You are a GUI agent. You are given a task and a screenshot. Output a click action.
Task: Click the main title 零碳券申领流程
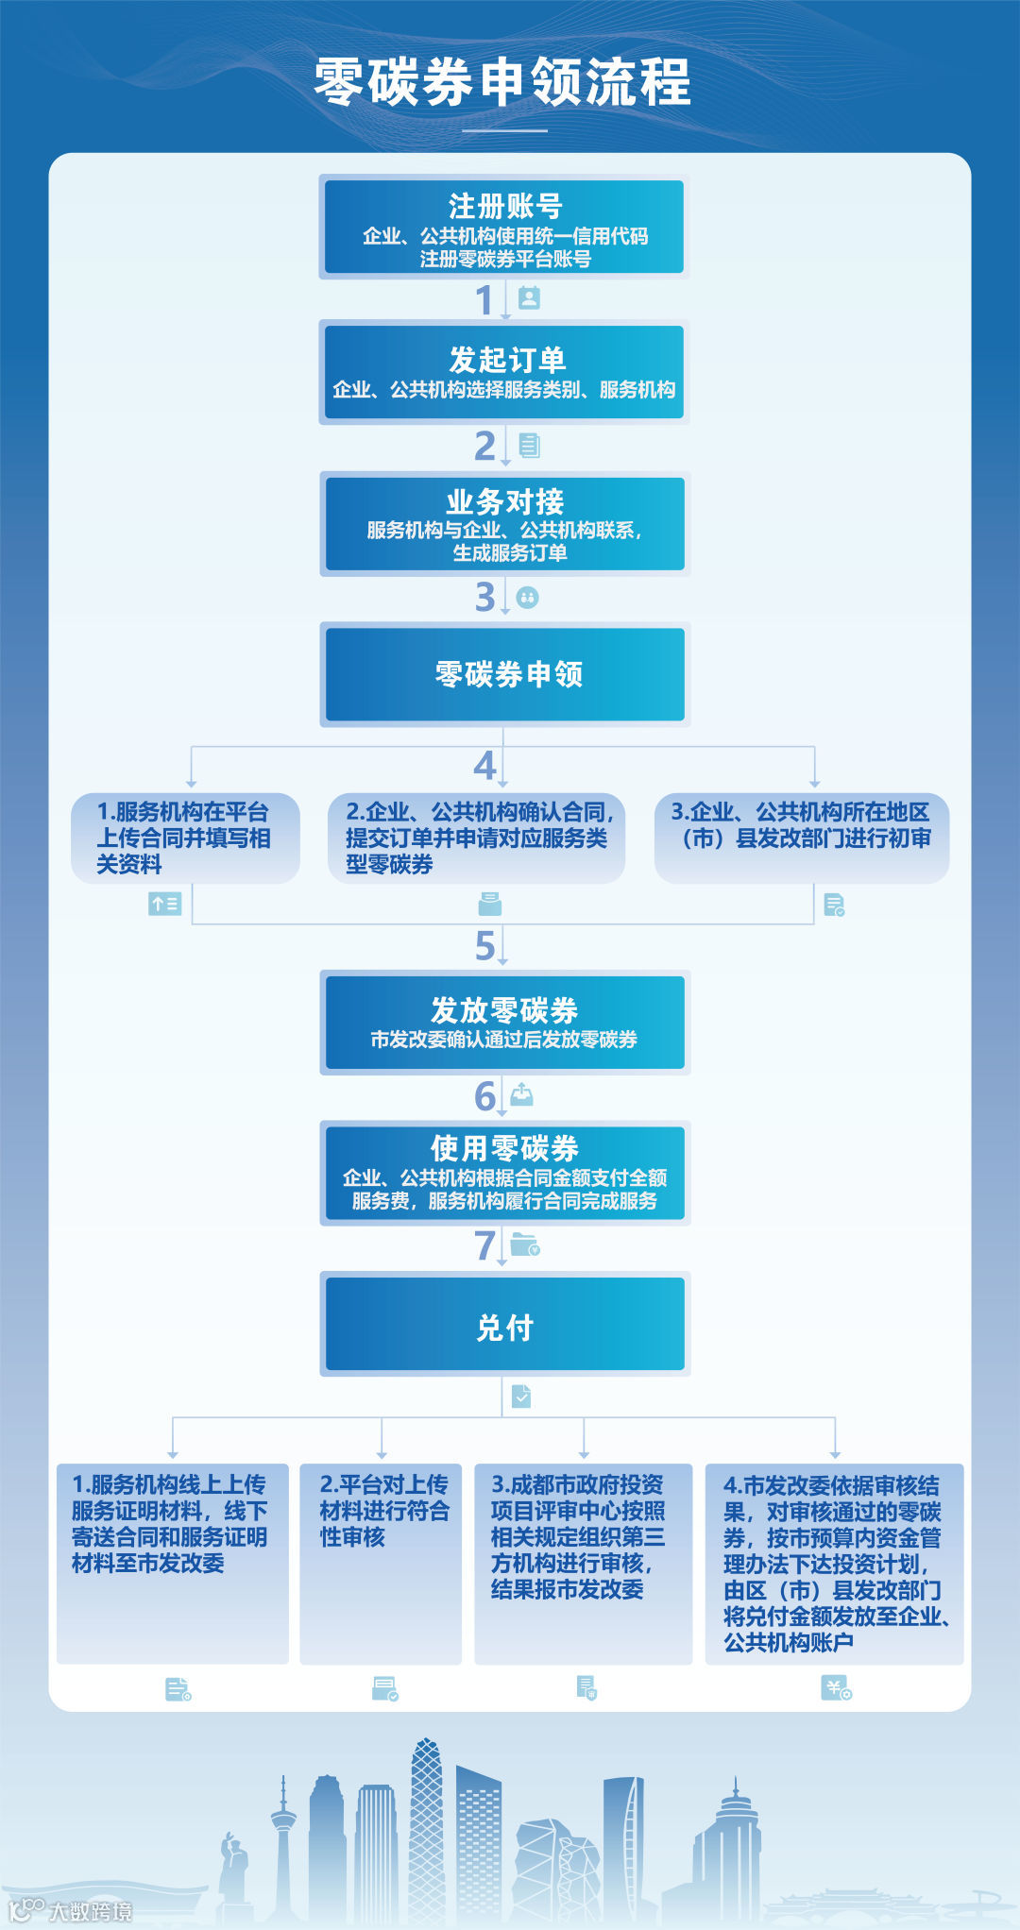[x=502, y=82]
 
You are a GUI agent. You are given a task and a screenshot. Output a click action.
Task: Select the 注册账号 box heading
[x=504, y=206]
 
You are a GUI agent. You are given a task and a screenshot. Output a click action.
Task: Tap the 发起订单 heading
[x=506, y=360]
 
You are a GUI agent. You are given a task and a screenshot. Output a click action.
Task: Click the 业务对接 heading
[x=504, y=501]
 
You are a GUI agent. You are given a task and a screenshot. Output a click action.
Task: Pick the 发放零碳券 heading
[x=504, y=1010]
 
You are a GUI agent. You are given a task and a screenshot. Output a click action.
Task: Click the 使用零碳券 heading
[x=504, y=1148]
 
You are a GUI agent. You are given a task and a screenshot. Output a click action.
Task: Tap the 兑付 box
[x=505, y=1327]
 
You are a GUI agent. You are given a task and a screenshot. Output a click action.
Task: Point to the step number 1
[x=484, y=301]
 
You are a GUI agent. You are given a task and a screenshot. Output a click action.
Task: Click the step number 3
[x=484, y=597]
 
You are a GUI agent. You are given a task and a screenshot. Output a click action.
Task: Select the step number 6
[x=484, y=1097]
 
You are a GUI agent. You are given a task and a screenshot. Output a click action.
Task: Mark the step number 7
[x=484, y=1245]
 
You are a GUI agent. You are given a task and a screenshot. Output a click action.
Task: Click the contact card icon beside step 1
[x=529, y=298]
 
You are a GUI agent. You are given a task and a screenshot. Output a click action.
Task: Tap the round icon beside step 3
[x=527, y=598]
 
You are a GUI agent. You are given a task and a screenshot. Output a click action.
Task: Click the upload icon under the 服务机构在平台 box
[x=164, y=905]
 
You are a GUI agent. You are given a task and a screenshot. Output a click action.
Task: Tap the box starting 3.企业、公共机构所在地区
[x=801, y=838]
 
